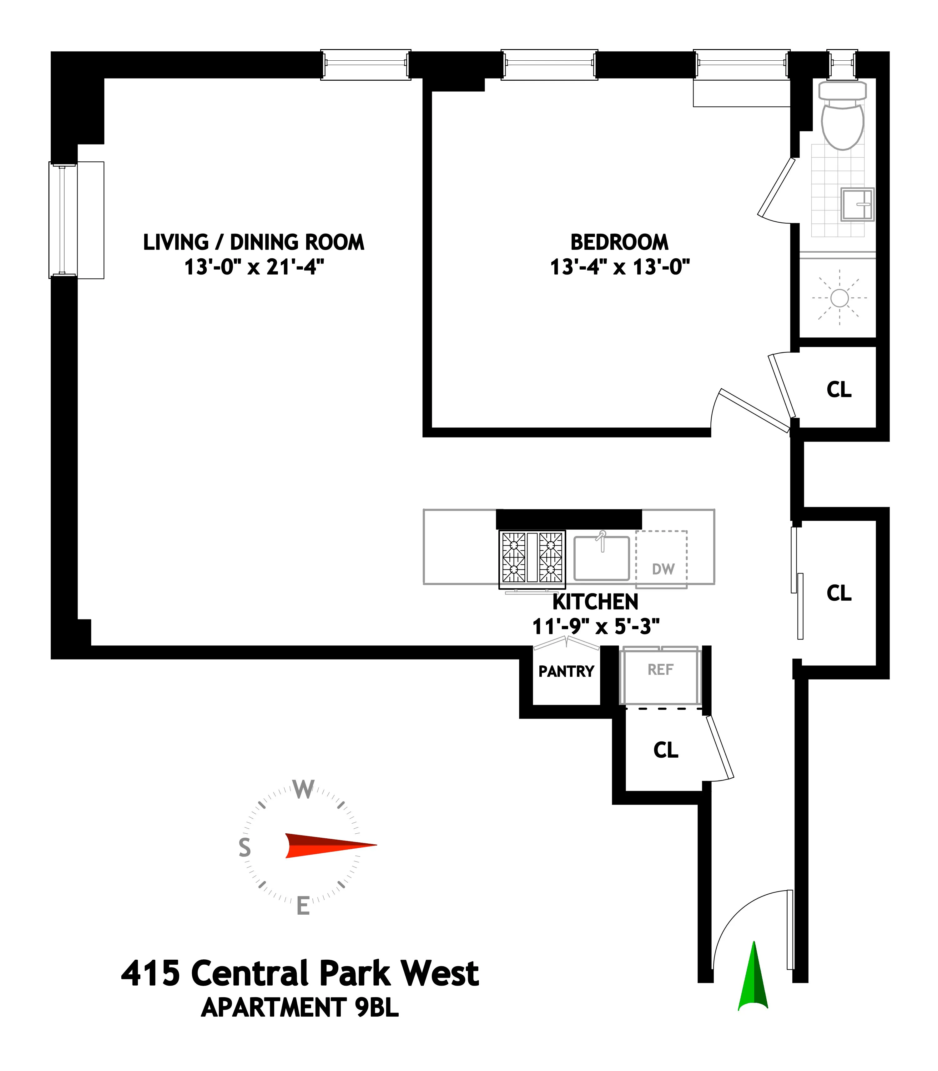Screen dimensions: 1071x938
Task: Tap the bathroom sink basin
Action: pos(857,204)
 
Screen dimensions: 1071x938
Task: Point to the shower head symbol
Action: pos(839,298)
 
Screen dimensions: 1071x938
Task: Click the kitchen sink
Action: pos(602,558)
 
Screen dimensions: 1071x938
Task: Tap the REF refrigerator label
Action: pos(660,669)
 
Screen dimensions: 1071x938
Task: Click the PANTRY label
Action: pos(566,671)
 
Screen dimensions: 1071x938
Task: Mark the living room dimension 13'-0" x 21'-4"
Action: pos(254,267)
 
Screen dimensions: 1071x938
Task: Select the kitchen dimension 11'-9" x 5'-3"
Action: pos(596,626)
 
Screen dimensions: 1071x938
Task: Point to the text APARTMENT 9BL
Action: pos(300,1008)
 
